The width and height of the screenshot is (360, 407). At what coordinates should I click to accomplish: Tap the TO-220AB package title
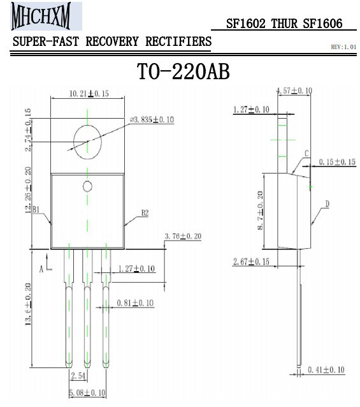(x=184, y=71)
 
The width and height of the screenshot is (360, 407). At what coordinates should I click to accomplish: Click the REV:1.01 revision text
(x=343, y=47)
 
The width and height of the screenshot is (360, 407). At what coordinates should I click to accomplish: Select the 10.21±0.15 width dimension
(x=89, y=94)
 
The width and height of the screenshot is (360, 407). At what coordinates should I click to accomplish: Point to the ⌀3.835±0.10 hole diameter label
(x=152, y=120)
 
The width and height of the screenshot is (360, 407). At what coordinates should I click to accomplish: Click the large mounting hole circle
(x=74, y=142)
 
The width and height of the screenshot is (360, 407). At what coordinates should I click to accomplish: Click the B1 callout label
(x=36, y=209)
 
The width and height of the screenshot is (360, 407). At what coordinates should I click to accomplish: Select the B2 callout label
(x=145, y=213)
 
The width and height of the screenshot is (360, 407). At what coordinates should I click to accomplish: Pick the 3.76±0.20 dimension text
(x=183, y=236)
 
